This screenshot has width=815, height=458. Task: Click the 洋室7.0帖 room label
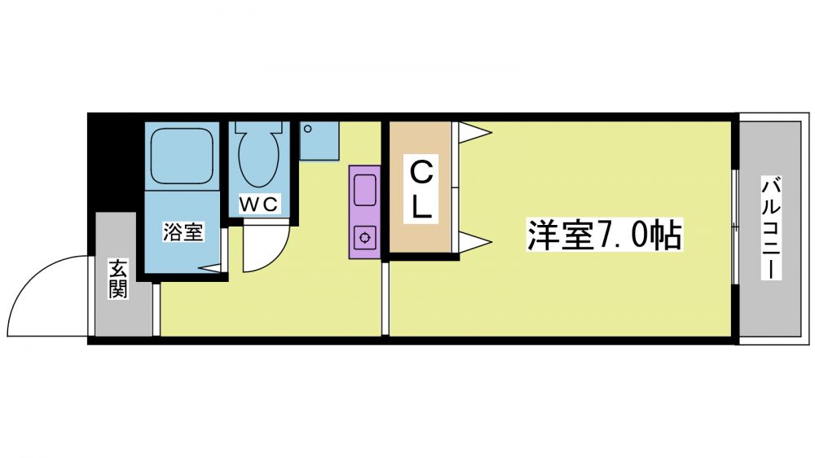click(604, 235)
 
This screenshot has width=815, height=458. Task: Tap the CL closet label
click(421, 190)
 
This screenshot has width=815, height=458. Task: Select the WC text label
click(259, 205)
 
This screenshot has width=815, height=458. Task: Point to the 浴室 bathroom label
click(183, 231)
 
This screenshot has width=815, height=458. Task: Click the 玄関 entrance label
click(118, 279)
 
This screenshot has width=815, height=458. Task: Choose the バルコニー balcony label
click(771, 227)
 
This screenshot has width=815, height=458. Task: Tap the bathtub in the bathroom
click(182, 156)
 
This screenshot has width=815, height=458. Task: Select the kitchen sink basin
click(365, 190)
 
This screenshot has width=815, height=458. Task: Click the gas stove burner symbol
click(365, 238)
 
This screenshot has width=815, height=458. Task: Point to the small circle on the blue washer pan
click(308, 129)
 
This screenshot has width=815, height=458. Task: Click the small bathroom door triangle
click(211, 268)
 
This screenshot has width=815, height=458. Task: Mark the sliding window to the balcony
click(735, 227)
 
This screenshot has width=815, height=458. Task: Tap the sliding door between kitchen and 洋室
click(385, 298)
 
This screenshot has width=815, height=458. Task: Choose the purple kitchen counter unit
click(365, 212)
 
